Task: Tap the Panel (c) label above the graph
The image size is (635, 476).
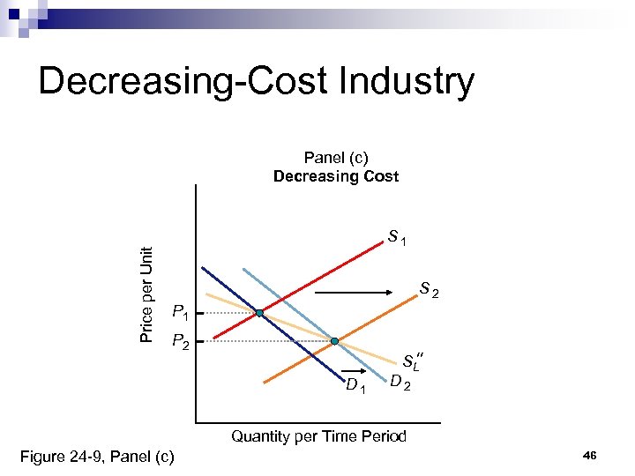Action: [x=336, y=158]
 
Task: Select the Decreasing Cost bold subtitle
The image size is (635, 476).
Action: [x=336, y=176]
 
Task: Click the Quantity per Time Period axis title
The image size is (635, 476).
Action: [x=318, y=436]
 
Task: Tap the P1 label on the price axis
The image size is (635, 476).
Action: [x=180, y=311]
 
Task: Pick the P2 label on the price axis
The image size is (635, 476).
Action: [x=180, y=340]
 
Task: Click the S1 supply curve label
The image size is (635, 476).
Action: [x=397, y=237]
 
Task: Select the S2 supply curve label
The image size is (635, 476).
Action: [x=429, y=288]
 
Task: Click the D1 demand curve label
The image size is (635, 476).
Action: [x=355, y=384]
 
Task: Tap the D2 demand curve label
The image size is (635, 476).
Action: [x=400, y=382]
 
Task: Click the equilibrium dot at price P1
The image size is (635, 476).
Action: [x=260, y=313]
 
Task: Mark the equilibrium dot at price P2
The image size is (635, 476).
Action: [x=335, y=340]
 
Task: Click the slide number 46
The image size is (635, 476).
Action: [x=590, y=455]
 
